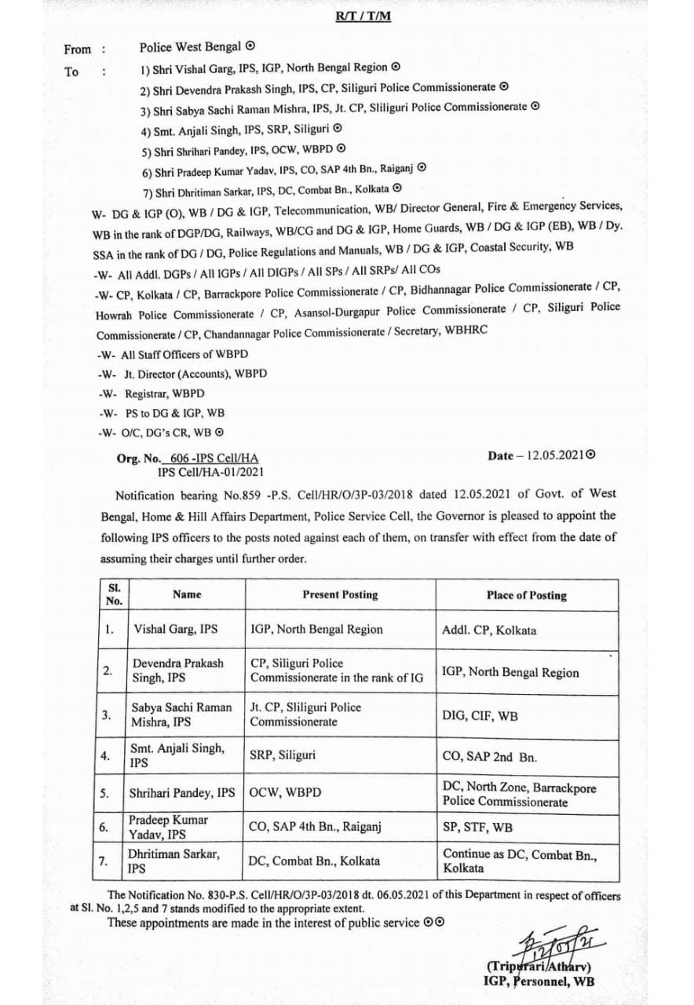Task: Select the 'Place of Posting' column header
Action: (526, 595)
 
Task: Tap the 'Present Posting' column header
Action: (340, 594)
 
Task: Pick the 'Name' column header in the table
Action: (187, 594)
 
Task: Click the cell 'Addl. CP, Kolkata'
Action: (490, 630)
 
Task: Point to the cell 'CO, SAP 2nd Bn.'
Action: (489, 757)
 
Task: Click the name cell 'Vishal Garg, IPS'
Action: (175, 629)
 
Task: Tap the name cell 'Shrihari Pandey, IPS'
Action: (183, 793)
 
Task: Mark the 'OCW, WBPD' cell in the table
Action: (283, 793)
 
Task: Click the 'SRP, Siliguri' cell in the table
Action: (283, 755)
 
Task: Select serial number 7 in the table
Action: (103, 861)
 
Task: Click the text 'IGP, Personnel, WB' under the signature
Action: (539, 981)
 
